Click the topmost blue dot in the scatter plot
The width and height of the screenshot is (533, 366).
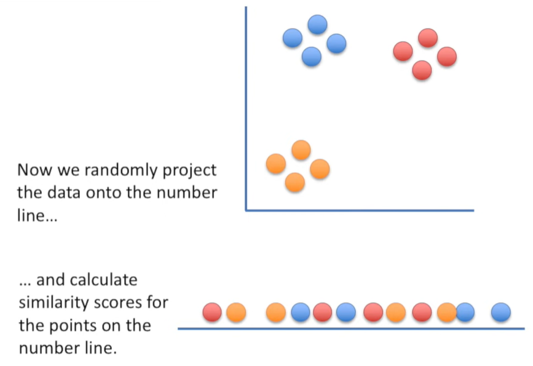pyautogui.click(x=317, y=25)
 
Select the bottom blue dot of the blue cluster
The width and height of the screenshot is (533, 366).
pyautogui.click(x=312, y=57)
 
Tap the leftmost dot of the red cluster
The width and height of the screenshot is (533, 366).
pyautogui.click(x=403, y=51)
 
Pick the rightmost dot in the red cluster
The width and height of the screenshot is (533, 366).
pyautogui.click(x=447, y=57)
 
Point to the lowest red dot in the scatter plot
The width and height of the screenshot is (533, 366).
pyautogui.click(x=422, y=70)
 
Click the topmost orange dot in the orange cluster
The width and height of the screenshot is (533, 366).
pyautogui.click(x=301, y=150)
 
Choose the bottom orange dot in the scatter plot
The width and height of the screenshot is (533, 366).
pyautogui.click(x=295, y=182)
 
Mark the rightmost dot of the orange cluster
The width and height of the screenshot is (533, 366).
pyautogui.click(x=320, y=169)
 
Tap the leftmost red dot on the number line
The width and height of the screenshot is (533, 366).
pyautogui.click(x=212, y=312)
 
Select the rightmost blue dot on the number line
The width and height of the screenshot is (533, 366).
pyautogui.click(x=501, y=312)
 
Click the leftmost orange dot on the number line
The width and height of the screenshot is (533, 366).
pyautogui.click(x=236, y=312)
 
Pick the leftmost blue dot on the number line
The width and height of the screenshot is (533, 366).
pyautogui.click(x=300, y=312)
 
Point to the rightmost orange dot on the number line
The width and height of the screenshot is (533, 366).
pyautogui.click(x=447, y=312)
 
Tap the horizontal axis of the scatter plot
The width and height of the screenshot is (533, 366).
pyautogui.click(x=369, y=210)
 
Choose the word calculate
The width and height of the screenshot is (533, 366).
pyautogui.click(x=102, y=280)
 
